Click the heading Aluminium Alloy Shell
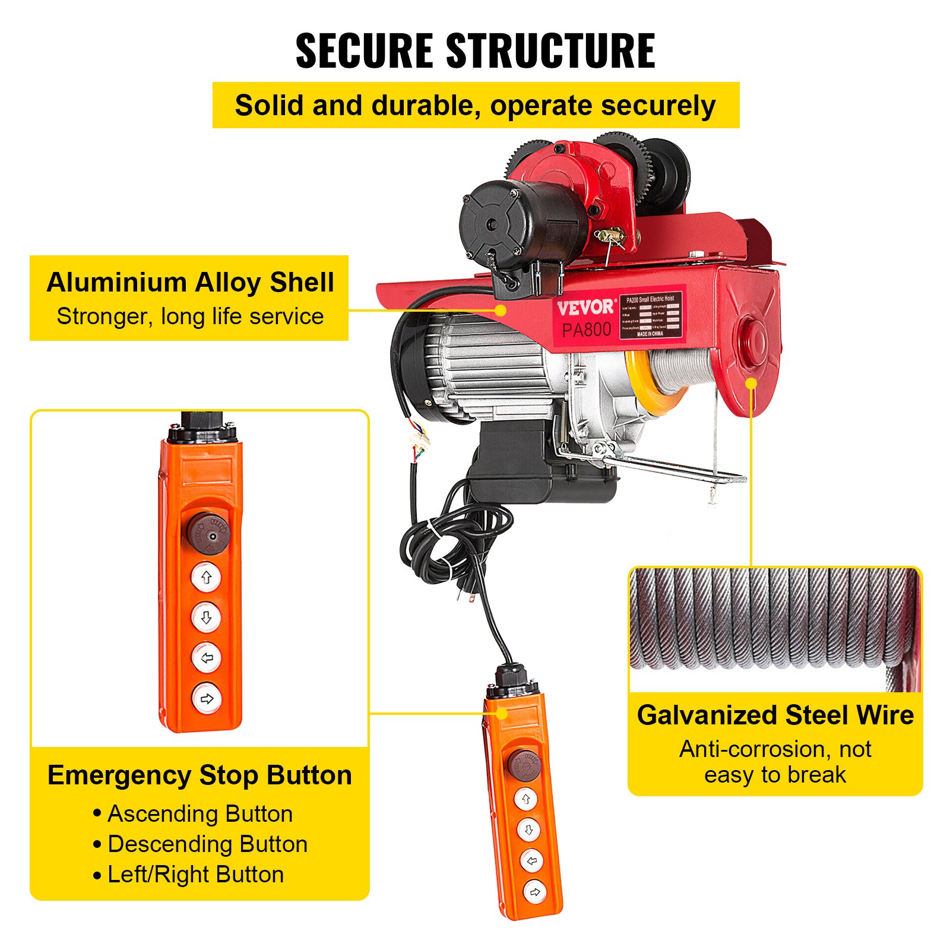tap(190, 283)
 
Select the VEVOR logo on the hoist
tap(585, 307)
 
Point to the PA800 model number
tap(586, 330)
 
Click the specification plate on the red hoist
tap(650, 315)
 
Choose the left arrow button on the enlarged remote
tap(207, 657)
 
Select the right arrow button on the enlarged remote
tap(207, 698)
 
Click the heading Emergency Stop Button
tap(199, 775)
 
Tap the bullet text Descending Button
tap(207, 844)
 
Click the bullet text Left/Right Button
tap(195, 875)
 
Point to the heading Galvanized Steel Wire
tap(775, 715)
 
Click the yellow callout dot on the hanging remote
tap(502, 714)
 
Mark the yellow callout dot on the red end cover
tap(751, 384)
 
